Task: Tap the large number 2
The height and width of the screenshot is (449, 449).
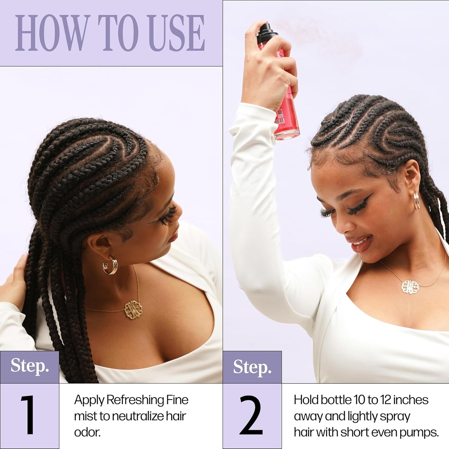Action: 251,416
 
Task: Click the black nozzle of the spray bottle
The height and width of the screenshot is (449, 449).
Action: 266,30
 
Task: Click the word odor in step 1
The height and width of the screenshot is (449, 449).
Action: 87,433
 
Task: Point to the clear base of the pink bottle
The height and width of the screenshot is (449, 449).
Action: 287,134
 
